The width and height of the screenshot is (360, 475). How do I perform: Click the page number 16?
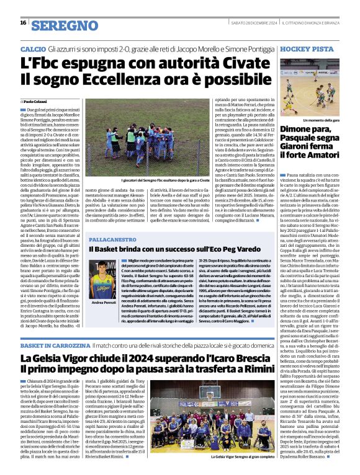pyautogui.click(x=23, y=23)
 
